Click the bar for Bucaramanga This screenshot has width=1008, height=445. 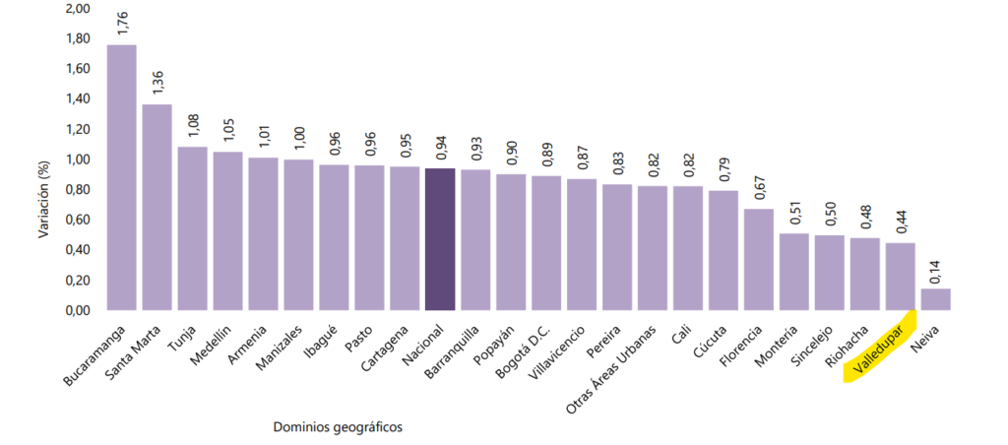pos(121,177)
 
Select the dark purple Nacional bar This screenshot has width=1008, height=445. pos(439,239)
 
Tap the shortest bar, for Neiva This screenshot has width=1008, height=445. pos(935,299)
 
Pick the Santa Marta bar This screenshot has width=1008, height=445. pos(157,207)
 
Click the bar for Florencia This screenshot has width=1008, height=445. pos(758,259)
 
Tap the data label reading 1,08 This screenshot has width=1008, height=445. pos(193,126)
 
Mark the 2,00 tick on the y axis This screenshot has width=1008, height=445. pos(77,9)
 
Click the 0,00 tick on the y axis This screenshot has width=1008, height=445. pos(77,310)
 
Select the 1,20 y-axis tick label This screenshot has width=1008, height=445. pos(77,129)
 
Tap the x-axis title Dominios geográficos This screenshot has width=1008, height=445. pos(339,426)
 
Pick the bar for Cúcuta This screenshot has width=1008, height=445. pos(723,250)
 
